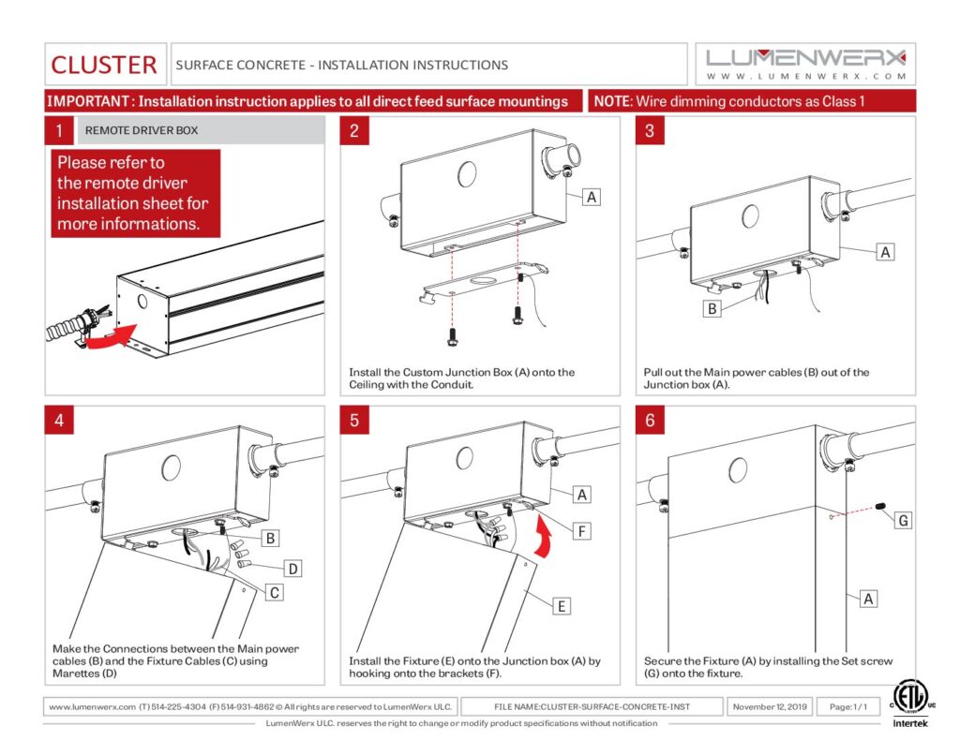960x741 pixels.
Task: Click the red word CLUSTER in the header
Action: pos(103,65)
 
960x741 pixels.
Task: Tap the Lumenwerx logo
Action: pos(805,64)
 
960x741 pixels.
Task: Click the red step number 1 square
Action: pos(59,130)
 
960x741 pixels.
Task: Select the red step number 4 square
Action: pos(59,421)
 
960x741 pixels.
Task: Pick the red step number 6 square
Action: pos(650,421)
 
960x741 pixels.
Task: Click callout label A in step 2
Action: pos(592,197)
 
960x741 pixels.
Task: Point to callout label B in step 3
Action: pos(712,308)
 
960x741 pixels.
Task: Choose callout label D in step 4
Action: pos(293,569)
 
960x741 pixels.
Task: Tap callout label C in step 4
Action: pos(275,592)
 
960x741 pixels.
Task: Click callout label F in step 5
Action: pos(581,531)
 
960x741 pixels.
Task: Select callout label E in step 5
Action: pos(562,606)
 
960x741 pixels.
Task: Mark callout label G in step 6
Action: pos(903,521)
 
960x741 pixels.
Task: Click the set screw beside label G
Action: pos(881,507)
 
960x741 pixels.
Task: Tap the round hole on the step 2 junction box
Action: pos(467,174)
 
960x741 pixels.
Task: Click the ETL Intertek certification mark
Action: pos(909,704)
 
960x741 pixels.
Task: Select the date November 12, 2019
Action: pos(770,706)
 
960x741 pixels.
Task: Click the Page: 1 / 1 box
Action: pos(847,706)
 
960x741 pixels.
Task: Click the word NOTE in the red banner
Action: pos(612,101)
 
